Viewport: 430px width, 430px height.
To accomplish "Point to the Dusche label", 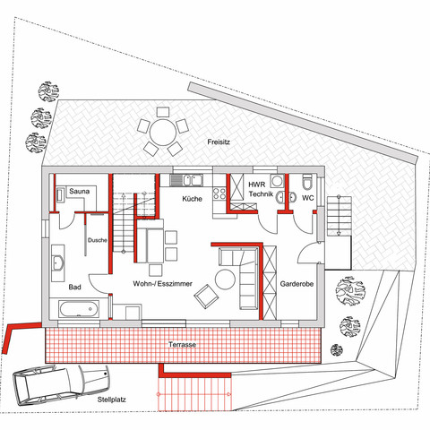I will click(x=98, y=240).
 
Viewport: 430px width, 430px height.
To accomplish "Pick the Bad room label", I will click(x=75, y=288).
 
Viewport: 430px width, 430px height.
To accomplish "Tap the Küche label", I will click(x=192, y=199).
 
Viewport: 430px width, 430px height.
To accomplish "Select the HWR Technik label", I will click(x=260, y=189).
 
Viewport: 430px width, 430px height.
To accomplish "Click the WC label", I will click(x=307, y=197).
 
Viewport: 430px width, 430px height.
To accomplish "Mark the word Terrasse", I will click(x=183, y=345).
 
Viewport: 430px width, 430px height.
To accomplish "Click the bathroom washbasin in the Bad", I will click(x=58, y=264).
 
